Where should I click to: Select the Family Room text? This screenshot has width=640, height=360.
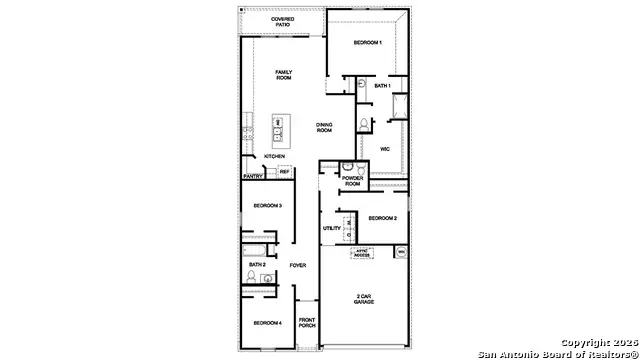pyautogui.click(x=285, y=75)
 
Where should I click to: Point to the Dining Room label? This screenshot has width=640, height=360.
pyautogui.click(x=323, y=127)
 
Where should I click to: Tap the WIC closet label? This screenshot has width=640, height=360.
pyautogui.click(x=383, y=149)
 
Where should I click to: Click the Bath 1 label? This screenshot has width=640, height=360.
pyautogui.click(x=383, y=86)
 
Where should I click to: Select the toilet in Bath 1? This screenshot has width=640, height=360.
pyautogui.click(x=365, y=124)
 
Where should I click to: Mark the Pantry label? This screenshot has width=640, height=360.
pyautogui.click(x=252, y=176)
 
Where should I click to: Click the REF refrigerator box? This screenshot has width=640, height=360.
pyautogui.click(x=284, y=172)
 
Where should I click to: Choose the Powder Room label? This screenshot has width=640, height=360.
pyautogui.click(x=352, y=182)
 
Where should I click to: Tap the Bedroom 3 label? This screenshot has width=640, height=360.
pyautogui.click(x=266, y=205)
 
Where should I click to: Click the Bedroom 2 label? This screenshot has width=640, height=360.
pyautogui.click(x=383, y=217)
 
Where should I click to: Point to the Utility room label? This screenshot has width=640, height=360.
pyautogui.click(x=332, y=228)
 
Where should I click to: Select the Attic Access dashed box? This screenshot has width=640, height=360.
pyautogui.click(x=362, y=254)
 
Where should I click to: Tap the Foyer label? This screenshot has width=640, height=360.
pyautogui.click(x=298, y=265)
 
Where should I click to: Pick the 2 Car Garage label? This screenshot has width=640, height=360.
pyautogui.click(x=364, y=300)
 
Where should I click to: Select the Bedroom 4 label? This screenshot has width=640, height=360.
pyautogui.click(x=266, y=322)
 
